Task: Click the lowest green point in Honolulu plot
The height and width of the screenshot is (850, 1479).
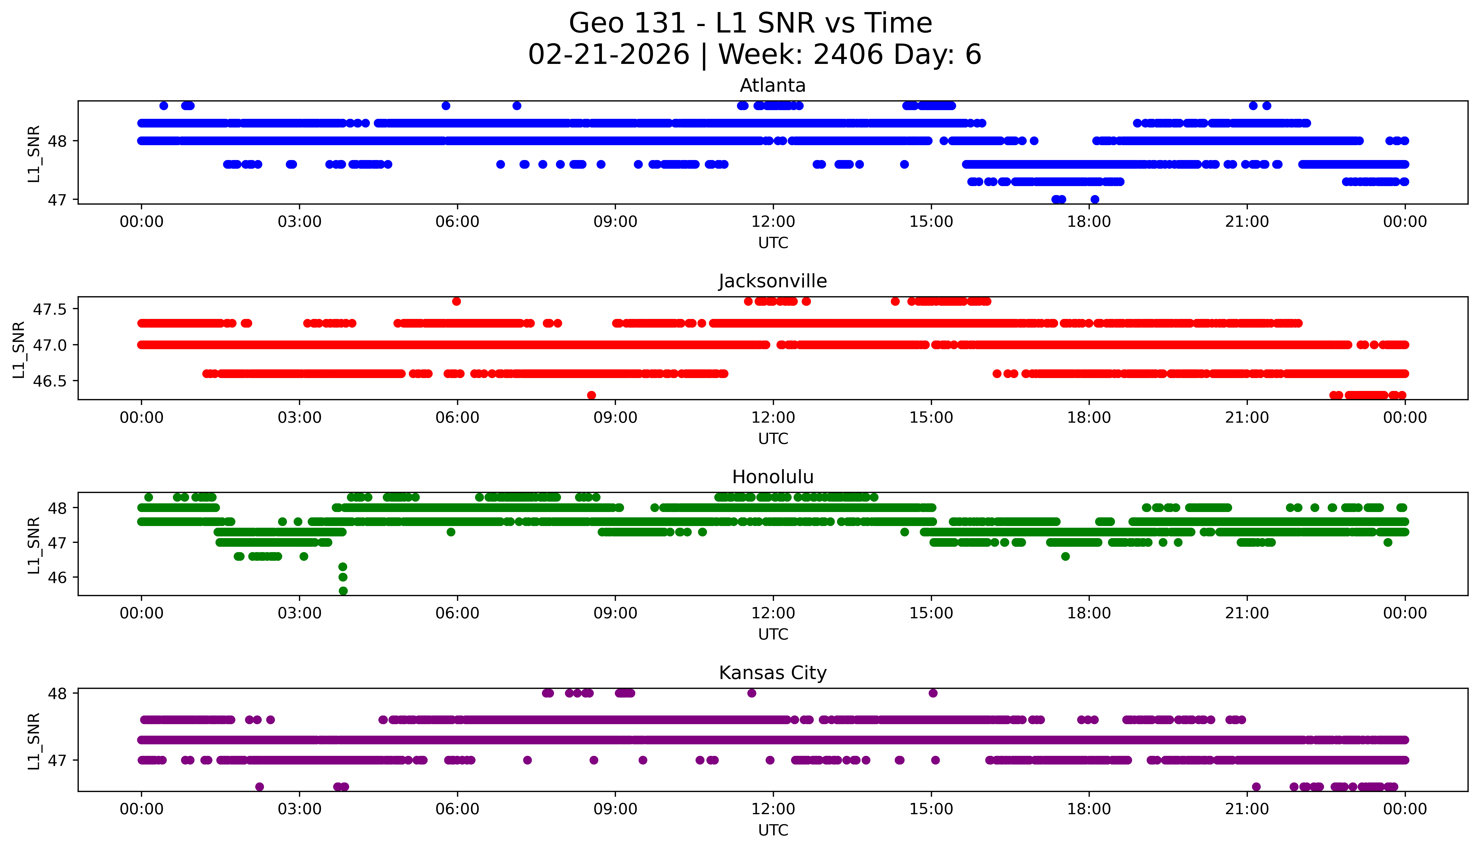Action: click(x=343, y=591)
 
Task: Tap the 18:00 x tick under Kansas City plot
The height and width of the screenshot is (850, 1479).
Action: click(x=1089, y=809)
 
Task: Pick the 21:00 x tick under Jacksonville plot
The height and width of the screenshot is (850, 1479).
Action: click(x=1247, y=417)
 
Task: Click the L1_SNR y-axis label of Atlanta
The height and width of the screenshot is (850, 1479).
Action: click(x=34, y=154)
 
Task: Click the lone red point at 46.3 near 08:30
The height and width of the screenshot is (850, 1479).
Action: click(x=591, y=395)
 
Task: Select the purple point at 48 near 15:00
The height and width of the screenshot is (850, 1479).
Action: click(x=933, y=693)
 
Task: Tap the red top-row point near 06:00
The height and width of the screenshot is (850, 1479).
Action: click(x=456, y=301)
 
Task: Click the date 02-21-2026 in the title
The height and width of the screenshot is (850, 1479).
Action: click(x=609, y=55)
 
